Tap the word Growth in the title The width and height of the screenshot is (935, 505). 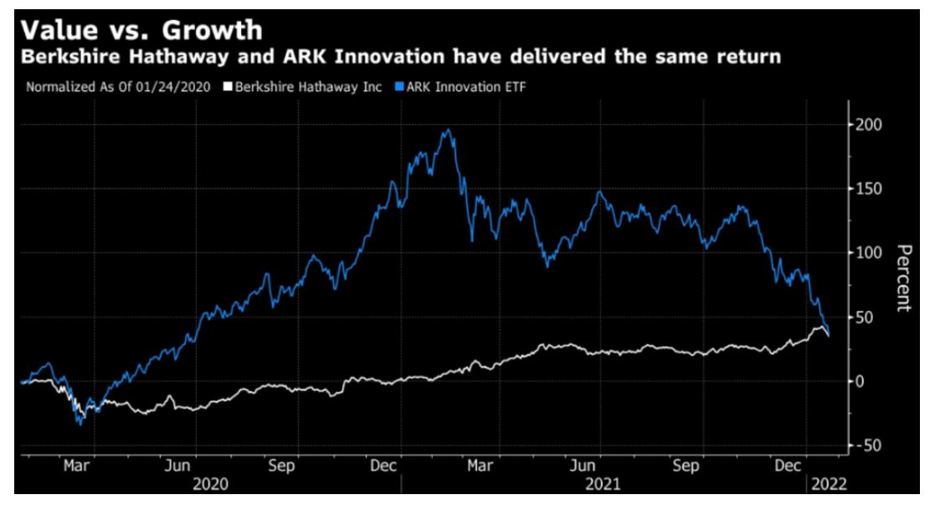207,30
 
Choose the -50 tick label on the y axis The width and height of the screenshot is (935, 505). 871,446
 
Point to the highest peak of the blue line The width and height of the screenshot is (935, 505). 448,130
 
